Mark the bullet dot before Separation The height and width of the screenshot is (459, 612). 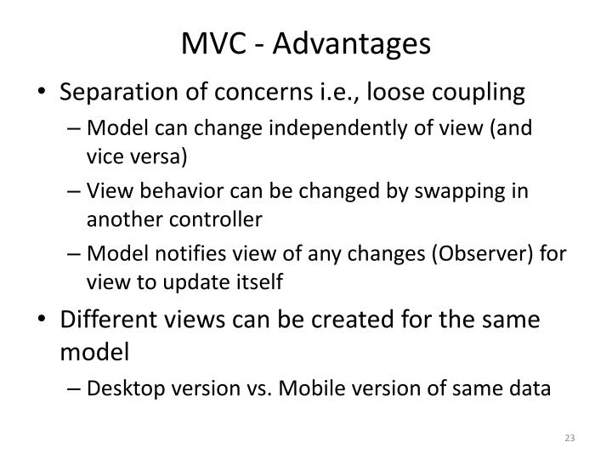tap(44, 92)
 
